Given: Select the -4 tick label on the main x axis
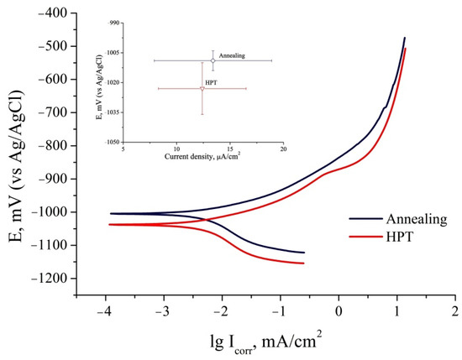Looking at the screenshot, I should pyautogui.click(x=106, y=311).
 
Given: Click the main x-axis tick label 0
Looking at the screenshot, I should pyautogui.click(x=338, y=311).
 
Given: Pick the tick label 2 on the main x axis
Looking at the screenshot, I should pyautogui.click(x=454, y=311).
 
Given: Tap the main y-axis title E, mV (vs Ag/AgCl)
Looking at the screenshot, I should pyautogui.click(x=15, y=147).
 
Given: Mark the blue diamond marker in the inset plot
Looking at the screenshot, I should pyautogui.click(x=213, y=60).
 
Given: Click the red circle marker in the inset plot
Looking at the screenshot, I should pyautogui.click(x=202, y=88).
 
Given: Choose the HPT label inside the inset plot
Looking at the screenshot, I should pyautogui.click(x=211, y=82).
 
